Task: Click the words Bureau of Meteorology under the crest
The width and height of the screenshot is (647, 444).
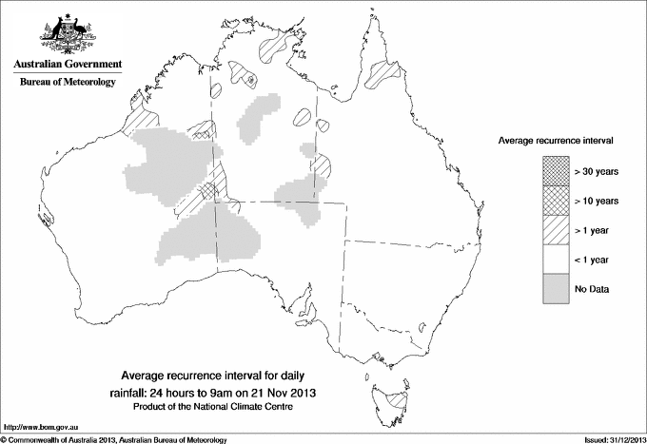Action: pyautogui.click(x=67, y=83)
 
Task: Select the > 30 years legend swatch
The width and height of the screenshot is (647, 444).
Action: pyautogui.click(x=556, y=171)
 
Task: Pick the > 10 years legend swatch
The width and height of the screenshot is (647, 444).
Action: pyautogui.click(x=556, y=201)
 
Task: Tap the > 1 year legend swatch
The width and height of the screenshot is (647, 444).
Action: pyautogui.click(x=556, y=230)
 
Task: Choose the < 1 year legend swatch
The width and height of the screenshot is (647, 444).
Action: pyautogui.click(x=556, y=260)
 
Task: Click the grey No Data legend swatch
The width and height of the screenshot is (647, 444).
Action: pyautogui.click(x=556, y=289)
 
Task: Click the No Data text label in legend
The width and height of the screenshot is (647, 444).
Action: pyautogui.click(x=592, y=289)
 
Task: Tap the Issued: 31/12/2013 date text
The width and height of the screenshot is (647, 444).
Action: pyautogui.click(x=608, y=439)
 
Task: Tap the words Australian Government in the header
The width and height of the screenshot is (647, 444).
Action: pyautogui.click(x=67, y=65)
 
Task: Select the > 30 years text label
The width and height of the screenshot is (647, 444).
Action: pyautogui.click(x=596, y=171)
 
